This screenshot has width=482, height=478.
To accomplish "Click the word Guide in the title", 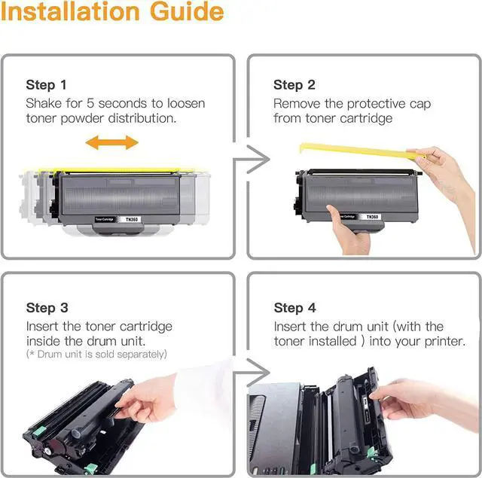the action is [187, 11].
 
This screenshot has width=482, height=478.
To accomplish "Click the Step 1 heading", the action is [47, 85].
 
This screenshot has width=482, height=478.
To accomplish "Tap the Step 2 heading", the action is [294, 85].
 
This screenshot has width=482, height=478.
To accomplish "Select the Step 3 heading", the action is [47, 308].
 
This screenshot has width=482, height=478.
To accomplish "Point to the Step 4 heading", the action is [294, 308].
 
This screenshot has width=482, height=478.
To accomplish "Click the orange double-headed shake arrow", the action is [112, 142].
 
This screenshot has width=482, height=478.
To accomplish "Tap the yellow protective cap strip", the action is [360, 151].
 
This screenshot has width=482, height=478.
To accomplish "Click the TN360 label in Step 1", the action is [132, 219].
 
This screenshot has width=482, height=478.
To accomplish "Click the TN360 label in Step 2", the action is [372, 217].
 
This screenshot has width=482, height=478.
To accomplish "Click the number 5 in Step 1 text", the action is [90, 104].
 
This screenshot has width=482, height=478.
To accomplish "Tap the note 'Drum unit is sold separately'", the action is [96, 355].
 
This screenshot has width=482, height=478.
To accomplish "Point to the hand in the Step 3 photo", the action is [148, 397].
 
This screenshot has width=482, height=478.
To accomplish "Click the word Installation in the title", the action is [70, 11].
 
